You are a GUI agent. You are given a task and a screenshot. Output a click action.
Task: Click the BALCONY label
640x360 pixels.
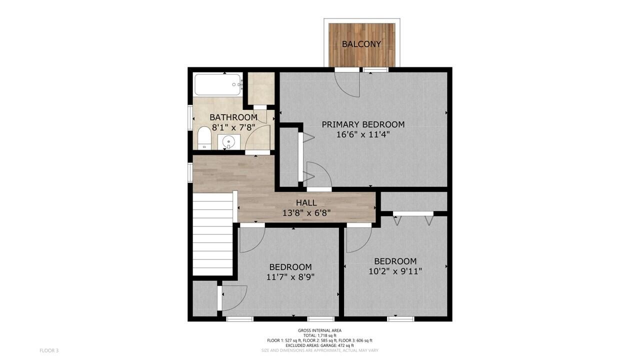pos(361,44)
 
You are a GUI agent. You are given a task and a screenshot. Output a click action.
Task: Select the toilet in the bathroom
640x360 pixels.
pos(204,138)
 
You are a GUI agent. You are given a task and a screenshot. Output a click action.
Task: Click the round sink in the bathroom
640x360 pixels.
pos(228,141)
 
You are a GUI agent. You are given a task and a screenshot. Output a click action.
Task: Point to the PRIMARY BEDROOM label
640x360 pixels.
pos(363,124)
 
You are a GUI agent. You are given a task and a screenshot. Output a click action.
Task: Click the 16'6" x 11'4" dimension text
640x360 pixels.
pos(363,134)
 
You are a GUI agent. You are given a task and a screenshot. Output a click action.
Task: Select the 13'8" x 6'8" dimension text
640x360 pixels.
pos(306,213)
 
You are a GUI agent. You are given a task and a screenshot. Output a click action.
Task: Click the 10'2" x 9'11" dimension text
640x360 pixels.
pos(395,271)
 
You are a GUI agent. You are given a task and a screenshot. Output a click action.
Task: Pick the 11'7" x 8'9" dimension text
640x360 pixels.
pos(290,277)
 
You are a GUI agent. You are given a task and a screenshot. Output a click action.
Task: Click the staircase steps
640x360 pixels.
pos(212,234)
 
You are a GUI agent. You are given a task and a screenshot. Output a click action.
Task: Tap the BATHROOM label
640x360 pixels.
pos(233,117)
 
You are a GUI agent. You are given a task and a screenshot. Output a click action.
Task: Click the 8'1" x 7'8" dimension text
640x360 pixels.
pos(233,127)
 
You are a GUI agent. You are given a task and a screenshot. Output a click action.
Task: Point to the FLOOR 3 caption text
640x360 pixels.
pos(49,350)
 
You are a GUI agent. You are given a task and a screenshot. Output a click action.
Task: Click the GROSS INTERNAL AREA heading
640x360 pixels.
pos(319,330)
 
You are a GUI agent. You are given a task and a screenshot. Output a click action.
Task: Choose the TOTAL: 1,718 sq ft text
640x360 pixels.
pos(319,335)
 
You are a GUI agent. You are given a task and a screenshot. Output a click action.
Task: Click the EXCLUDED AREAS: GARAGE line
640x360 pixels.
pos(319,345)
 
